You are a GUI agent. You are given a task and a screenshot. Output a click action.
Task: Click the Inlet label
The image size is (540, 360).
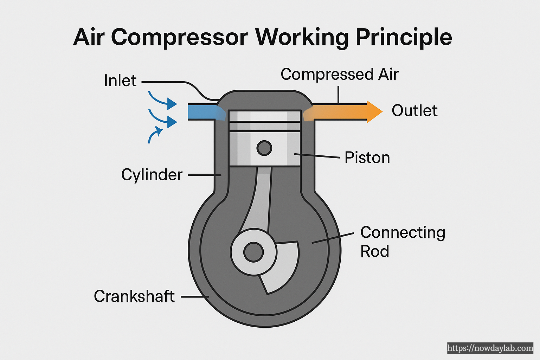point(120,81)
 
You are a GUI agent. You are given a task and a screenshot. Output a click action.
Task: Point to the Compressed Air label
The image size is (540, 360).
point(339,75)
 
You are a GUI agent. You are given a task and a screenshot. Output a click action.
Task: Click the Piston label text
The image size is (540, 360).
point(367,157)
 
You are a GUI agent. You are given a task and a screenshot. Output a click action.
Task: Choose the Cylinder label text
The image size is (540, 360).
point(152,175)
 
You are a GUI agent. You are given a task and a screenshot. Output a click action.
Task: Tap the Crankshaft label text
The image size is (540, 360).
point(134,296)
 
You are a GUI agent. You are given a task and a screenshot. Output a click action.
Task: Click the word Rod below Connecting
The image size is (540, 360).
point(374,251)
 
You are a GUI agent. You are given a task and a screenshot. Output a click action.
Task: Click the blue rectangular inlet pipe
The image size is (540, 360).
point(202,112)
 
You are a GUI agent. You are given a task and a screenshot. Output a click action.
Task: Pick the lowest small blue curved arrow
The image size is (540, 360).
point(155,135)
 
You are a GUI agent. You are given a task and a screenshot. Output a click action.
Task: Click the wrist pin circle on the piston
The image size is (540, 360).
point(264,148)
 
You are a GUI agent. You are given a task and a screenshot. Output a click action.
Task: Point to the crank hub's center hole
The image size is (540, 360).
point(253,252)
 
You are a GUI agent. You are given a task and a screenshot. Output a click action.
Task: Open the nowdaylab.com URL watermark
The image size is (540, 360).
point(490,348)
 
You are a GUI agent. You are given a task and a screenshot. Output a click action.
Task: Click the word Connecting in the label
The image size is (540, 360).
point(403,233)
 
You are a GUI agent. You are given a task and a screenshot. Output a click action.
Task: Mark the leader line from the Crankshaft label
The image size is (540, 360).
point(194,297)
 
